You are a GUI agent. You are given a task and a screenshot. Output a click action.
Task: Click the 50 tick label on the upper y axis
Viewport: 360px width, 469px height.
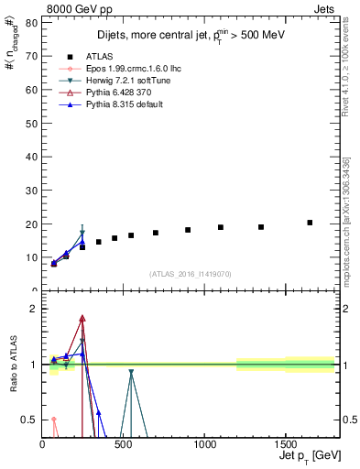coord(32,123)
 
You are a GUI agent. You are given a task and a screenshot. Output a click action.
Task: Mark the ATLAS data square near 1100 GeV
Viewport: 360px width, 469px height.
coord(221,227)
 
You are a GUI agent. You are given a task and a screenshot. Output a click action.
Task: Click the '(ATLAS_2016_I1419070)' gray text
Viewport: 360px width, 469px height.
coord(191,273)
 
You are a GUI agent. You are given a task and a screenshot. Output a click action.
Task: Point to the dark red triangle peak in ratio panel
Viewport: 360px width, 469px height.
coord(82,319)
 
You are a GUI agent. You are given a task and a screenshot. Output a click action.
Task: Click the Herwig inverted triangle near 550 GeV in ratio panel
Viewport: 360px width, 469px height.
coord(131,373)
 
